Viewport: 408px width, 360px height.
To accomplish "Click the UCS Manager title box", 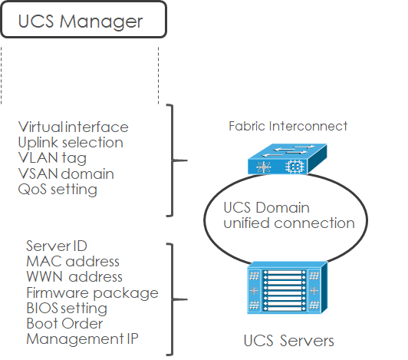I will [x=83, y=20].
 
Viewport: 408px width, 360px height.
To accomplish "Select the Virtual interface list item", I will [x=73, y=127].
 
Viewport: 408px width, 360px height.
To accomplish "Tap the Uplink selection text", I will [x=70, y=142].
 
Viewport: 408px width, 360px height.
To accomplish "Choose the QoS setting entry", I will [x=58, y=190].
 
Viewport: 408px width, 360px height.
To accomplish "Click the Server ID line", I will [x=56, y=246].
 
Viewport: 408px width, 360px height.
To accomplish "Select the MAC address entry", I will [x=73, y=262].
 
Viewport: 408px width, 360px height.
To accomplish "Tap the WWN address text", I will [x=74, y=277].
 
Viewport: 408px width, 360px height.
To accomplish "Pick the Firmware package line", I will [x=92, y=292].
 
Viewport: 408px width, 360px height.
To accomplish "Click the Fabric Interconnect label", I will [x=288, y=126].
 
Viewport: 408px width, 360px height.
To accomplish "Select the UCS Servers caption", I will [x=288, y=339].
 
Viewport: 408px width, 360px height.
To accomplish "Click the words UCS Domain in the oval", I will [x=267, y=208].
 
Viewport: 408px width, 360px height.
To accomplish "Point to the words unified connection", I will [x=288, y=223].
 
